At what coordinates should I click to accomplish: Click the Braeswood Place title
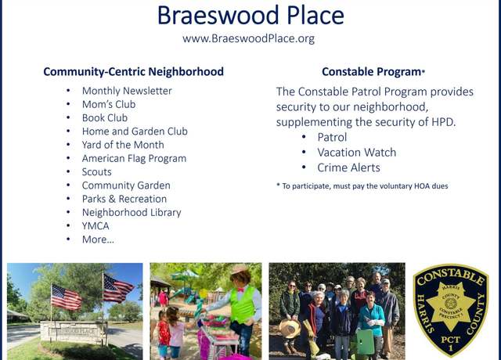click(x=250, y=16)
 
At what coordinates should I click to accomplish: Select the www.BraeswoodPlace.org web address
click(x=249, y=38)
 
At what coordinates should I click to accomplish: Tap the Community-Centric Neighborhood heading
click(x=134, y=71)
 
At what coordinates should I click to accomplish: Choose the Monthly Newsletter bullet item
click(x=127, y=91)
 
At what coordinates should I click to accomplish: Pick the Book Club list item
click(x=105, y=118)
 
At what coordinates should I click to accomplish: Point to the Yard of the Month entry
click(x=123, y=145)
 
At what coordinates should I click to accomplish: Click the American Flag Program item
click(x=134, y=158)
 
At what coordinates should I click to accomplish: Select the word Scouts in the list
click(x=97, y=172)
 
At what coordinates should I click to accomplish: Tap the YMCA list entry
click(x=96, y=226)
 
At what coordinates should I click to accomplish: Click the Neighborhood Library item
click(x=132, y=212)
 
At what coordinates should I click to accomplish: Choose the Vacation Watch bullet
click(x=357, y=153)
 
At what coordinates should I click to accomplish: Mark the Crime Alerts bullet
click(x=348, y=167)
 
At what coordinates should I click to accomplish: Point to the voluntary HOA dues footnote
click(x=362, y=186)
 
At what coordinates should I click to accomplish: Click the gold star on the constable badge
click(x=451, y=307)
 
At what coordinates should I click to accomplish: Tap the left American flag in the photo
click(x=66, y=297)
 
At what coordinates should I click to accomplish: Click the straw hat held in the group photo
click(x=290, y=329)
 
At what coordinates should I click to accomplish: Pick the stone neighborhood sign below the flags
click(x=74, y=332)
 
